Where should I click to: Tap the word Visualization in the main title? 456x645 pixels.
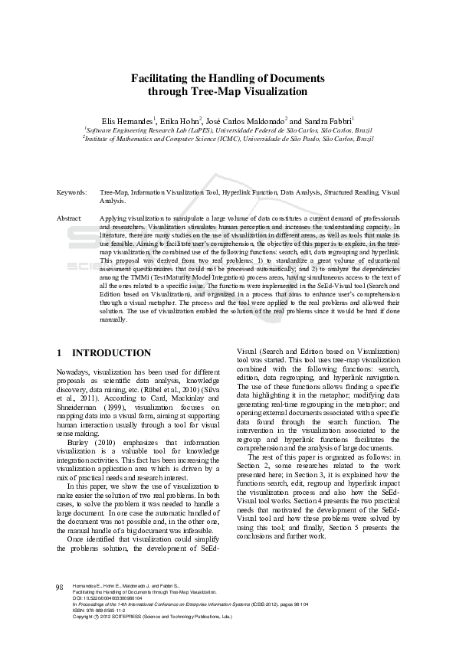276,91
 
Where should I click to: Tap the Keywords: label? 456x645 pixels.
71,192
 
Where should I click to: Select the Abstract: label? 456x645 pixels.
70,218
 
